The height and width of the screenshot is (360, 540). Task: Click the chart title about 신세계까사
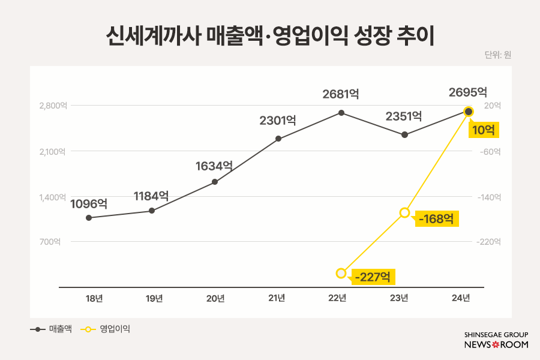pyautogui.click(x=269, y=35)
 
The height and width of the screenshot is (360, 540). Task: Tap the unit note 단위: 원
pyautogui.click(x=497, y=55)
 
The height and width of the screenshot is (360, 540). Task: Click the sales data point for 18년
pyautogui.click(x=89, y=218)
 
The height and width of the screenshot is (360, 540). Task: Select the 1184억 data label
pyautogui.click(x=151, y=196)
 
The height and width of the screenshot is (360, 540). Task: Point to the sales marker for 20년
pyautogui.click(x=215, y=181)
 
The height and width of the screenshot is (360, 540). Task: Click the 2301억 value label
pyautogui.click(x=278, y=120)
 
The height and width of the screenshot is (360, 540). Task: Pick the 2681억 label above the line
pyautogui.click(x=341, y=94)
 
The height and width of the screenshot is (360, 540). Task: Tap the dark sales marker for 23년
pyautogui.click(x=405, y=134)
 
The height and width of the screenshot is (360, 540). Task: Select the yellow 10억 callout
pyautogui.click(x=484, y=130)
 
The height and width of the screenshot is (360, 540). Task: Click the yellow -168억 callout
pyautogui.click(x=437, y=218)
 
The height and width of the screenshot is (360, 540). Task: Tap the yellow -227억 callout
pyautogui.click(x=373, y=277)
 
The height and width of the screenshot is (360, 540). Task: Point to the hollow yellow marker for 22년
pyautogui.click(x=341, y=273)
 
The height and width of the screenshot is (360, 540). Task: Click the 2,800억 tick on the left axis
pyautogui.click(x=52, y=106)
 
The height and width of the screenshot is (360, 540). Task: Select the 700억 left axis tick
pyautogui.click(x=51, y=242)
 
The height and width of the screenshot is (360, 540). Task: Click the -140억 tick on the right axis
pyautogui.click(x=489, y=197)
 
